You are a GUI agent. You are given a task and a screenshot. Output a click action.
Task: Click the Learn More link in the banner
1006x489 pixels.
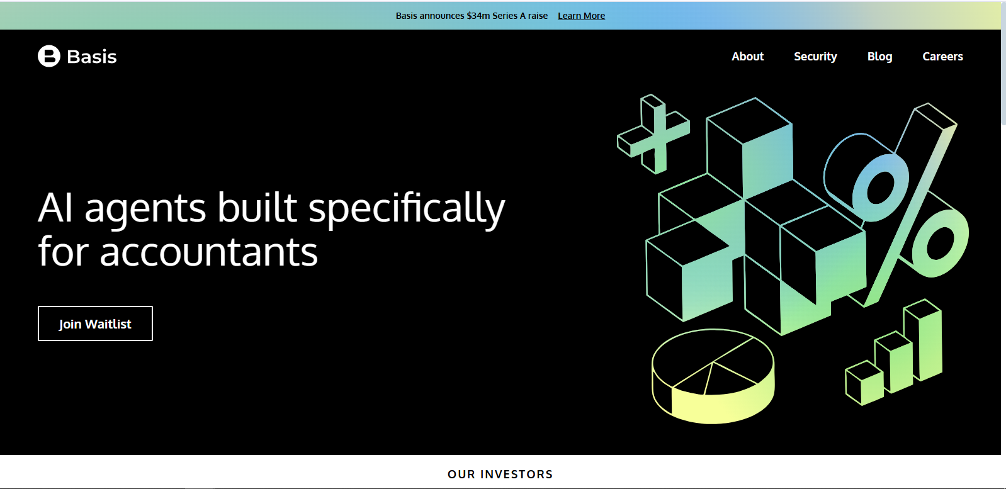tap(581, 16)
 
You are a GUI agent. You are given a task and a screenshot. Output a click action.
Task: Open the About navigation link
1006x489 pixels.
tap(747, 57)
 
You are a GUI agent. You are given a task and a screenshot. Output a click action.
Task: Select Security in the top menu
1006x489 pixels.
tap(815, 57)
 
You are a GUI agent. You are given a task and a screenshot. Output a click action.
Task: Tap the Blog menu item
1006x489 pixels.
tap(879, 57)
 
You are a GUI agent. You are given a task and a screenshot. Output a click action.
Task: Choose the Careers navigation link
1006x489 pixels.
tap(942, 57)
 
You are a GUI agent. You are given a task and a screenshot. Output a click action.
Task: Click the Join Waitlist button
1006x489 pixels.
tap(95, 323)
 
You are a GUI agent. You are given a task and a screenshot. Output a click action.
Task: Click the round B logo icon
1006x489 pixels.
tap(49, 56)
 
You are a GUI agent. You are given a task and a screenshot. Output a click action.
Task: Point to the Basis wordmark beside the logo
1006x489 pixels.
tap(92, 57)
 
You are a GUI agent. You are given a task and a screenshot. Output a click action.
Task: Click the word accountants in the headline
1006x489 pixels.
tap(209, 252)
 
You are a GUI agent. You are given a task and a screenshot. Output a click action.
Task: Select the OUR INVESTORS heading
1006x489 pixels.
tap(500, 474)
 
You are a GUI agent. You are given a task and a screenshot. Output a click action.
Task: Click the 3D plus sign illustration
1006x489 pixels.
tap(654, 133)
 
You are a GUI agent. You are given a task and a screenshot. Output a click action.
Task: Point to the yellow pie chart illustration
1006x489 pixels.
tap(713, 376)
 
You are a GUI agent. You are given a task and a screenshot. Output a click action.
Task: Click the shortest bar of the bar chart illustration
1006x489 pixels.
tap(864, 383)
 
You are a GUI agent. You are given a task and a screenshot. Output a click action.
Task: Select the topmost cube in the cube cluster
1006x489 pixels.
tap(750, 148)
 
